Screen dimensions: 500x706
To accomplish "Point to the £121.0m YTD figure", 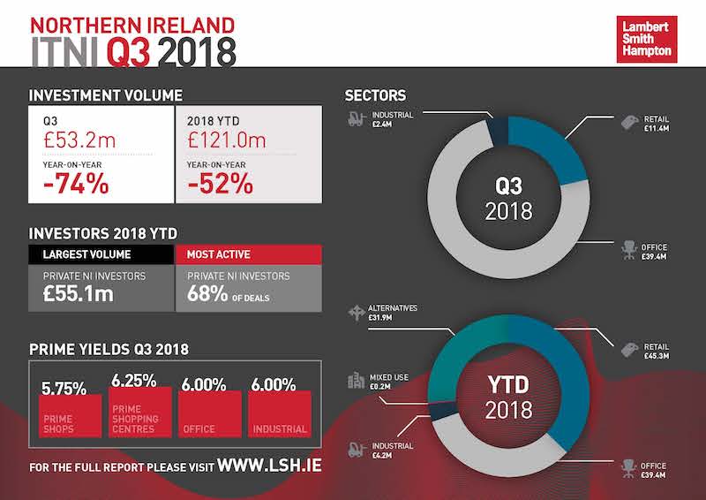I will point(225,138).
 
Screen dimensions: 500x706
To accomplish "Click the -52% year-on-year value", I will point(220,184).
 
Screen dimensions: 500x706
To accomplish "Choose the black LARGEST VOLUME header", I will point(101,254).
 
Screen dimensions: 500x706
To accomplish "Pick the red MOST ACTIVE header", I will point(248,254).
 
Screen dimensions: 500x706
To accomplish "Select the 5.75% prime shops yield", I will point(64,387).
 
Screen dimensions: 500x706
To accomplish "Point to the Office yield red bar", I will point(209,414).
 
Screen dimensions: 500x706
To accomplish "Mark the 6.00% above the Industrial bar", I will point(273,385).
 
